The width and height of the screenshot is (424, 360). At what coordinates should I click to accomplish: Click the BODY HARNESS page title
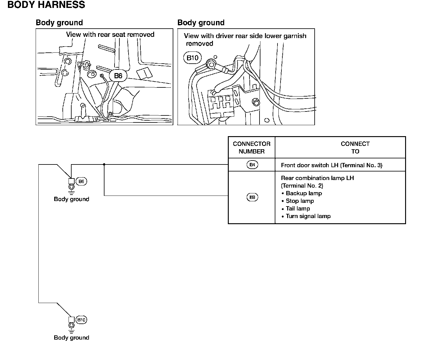click(x=46, y=5)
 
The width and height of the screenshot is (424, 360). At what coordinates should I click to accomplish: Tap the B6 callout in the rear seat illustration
click(x=118, y=76)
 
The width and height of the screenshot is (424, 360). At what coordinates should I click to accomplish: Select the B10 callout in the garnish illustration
click(x=193, y=58)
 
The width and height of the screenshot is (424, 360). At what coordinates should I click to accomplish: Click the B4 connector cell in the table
click(x=252, y=165)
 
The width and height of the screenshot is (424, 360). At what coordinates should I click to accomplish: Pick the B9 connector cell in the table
click(x=252, y=197)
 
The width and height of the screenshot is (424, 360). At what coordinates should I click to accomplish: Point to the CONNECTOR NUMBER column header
click(x=252, y=147)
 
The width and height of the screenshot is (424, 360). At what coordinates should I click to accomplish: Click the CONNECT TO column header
click(x=355, y=147)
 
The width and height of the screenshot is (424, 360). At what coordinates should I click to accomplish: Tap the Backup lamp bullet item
click(x=304, y=193)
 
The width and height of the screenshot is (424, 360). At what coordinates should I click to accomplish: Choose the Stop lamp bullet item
click(x=300, y=201)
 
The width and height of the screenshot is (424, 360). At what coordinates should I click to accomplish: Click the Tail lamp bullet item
click(x=298, y=209)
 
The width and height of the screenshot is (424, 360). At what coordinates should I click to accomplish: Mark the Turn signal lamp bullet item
click(x=308, y=216)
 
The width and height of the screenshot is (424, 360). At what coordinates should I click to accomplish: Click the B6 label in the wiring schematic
click(x=81, y=182)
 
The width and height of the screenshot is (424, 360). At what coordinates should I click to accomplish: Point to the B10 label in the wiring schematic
click(x=81, y=320)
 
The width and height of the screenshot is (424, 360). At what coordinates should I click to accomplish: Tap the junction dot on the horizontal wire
click(x=104, y=164)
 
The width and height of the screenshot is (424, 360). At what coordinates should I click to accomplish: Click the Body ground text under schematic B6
click(x=72, y=199)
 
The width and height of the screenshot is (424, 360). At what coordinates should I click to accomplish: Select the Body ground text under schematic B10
click(x=72, y=337)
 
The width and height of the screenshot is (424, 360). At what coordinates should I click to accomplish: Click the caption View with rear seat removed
click(x=110, y=34)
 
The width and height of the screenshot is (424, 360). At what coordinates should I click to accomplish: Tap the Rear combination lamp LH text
click(x=317, y=178)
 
